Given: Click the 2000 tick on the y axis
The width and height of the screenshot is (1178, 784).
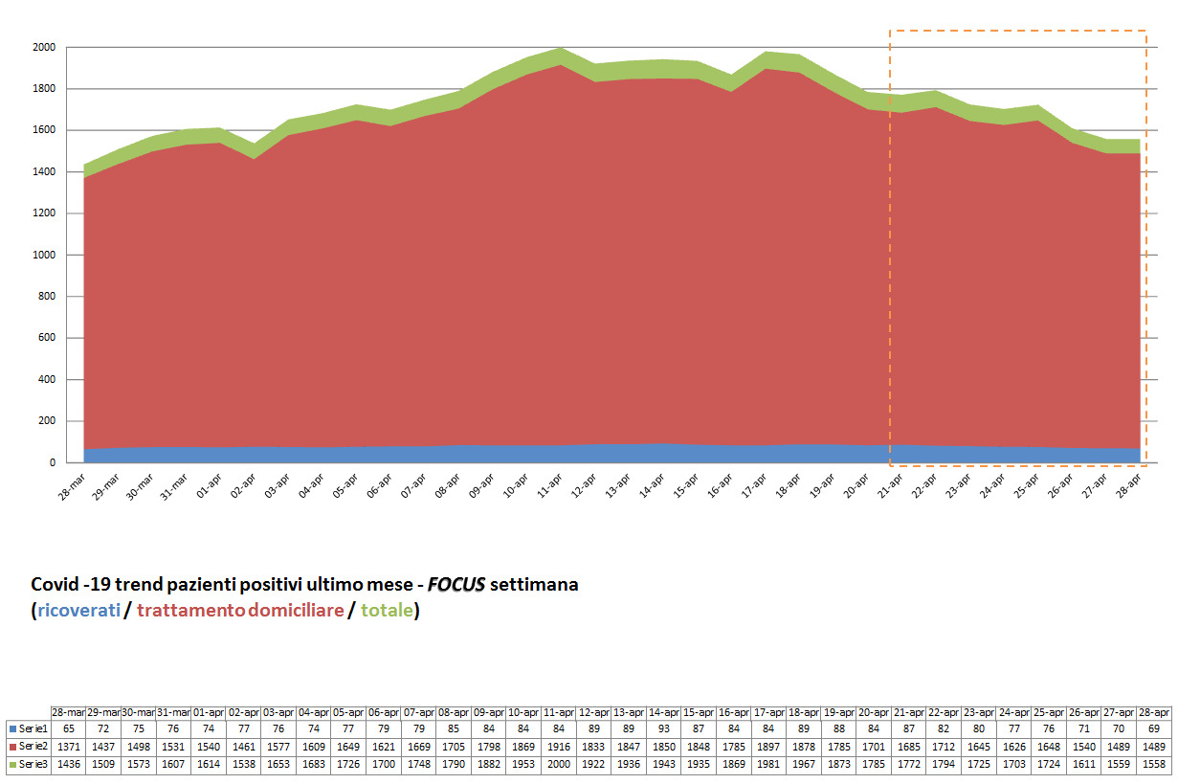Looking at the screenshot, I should tap(45, 47).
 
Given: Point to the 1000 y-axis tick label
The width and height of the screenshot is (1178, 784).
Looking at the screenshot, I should tap(45, 256).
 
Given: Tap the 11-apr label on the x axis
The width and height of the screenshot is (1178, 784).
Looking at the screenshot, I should tap(548, 482).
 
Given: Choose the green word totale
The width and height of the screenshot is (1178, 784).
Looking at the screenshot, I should tap(386, 610).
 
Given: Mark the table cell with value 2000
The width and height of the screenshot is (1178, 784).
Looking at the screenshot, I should tap(560, 764).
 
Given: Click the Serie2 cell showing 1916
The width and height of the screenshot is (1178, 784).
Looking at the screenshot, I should tap(560, 747).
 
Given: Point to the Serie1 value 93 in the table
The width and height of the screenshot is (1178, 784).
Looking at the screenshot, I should tap(665, 729).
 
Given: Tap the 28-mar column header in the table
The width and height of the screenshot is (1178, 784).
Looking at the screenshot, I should tap(68, 712).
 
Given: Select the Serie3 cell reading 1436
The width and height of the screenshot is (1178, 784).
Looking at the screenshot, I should tap(68, 764).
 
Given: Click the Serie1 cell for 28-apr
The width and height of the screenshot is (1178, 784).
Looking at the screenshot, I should tap(1153, 729).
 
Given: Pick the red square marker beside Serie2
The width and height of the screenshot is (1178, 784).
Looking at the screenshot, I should tap(11, 747).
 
